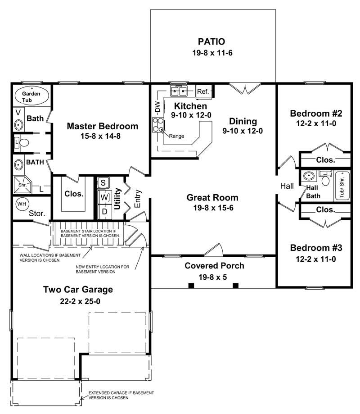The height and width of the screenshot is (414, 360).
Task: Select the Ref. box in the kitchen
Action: pos(203,92)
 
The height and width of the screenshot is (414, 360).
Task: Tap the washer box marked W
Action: pos(104,197)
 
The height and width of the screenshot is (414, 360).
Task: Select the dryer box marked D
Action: pos(104,211)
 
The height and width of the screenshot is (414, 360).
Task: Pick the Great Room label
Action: pos(212,198)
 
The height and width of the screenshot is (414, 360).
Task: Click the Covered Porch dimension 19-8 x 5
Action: pos(215,277)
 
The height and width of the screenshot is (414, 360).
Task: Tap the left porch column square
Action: pos(191,285)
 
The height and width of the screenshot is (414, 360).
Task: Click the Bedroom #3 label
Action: pos(316,248)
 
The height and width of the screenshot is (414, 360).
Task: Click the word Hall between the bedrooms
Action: pos(287,186)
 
